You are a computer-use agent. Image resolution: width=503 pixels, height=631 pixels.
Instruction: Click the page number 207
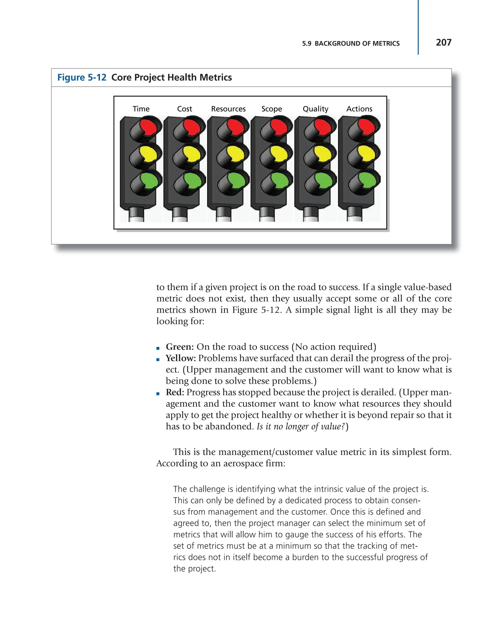[x=443, y=42]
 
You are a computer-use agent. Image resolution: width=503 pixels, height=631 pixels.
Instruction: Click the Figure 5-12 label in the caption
[x=82, y=77]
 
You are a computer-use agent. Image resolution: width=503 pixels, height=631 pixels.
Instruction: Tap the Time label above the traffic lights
[x=141, y=109]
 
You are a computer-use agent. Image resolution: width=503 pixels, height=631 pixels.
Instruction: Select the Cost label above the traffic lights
[x=184, y=109]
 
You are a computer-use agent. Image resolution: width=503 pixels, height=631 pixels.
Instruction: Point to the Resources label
[x=228, y=109]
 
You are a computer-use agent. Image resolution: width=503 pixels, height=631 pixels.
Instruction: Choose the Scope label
[x=272, y=109]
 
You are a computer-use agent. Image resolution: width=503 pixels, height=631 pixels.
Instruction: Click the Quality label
[x=315, y=109]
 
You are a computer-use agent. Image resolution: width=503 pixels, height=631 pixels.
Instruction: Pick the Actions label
[x=359, y=109]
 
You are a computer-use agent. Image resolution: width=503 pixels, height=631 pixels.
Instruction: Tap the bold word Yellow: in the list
[x=181, y=358]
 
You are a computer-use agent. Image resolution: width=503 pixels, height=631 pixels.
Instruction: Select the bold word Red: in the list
[x=175, y=392]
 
